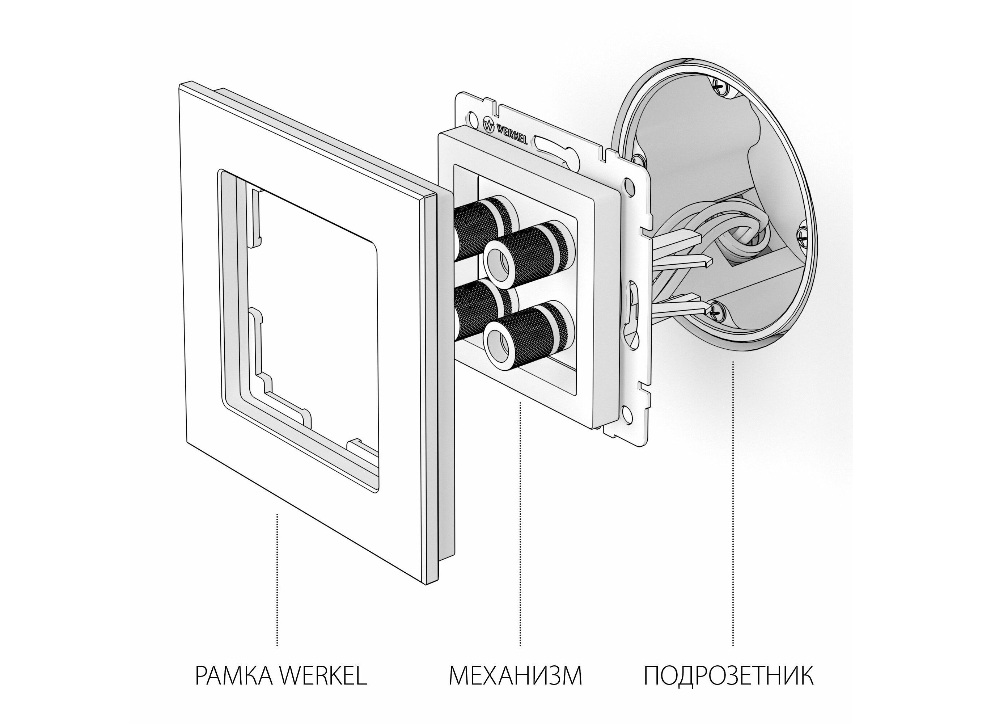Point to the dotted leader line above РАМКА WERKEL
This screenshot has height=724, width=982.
coord(277,579)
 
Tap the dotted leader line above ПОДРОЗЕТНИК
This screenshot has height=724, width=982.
coord(733,504)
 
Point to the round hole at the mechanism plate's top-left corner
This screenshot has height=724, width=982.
coord(473,118)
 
